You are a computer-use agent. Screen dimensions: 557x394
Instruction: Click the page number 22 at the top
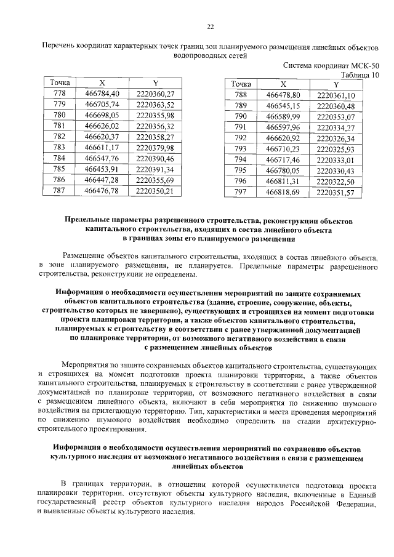pos(210,26)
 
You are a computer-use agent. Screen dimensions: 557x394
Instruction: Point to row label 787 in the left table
pos(60,191)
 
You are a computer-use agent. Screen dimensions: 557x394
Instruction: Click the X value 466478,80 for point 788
pos(283,95)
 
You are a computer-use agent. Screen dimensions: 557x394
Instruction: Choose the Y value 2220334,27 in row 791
pos(336,127)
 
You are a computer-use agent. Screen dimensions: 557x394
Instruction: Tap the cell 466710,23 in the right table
pos(283,149)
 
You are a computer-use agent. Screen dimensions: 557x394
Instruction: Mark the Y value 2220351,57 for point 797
pos(336,193)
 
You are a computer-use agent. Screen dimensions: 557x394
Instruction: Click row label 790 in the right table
pos(241,116)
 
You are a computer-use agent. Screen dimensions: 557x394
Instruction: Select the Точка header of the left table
pos(60,82)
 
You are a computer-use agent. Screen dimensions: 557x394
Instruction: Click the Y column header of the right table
pos(336,84)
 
